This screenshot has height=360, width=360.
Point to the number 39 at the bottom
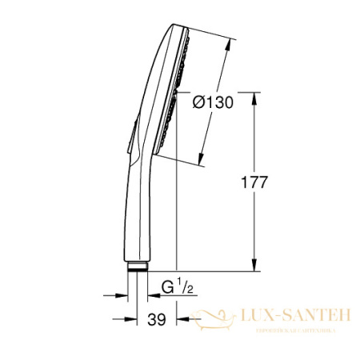157,320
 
